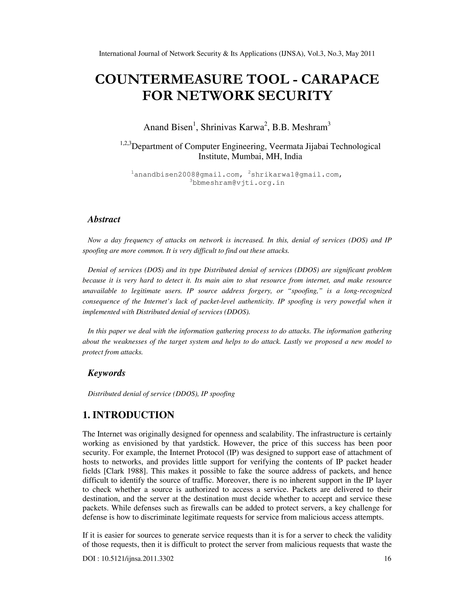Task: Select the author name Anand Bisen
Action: [167, 127]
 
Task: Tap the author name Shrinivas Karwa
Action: [232, 127]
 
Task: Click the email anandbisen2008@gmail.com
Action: [187, 175]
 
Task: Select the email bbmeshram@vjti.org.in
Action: [238, 183]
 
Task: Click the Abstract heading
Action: [104, 219]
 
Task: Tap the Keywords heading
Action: [106, 373]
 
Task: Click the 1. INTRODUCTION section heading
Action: [128, 415]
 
